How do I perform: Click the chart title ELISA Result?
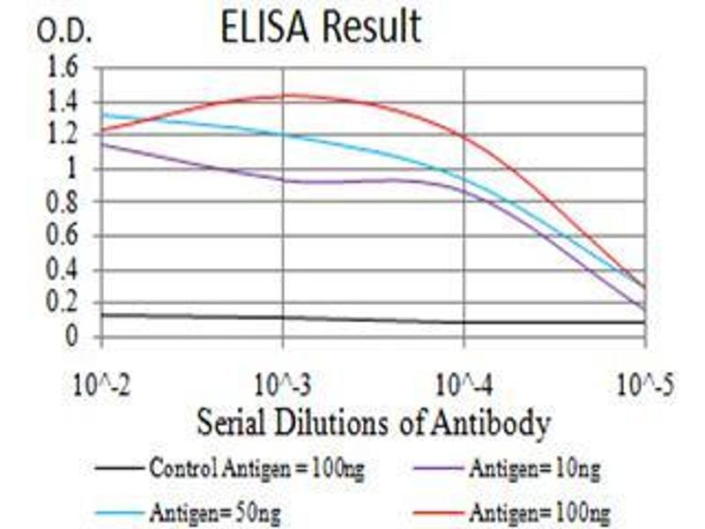tap(321, 27)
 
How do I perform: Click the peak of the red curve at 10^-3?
tap(287, 95)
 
